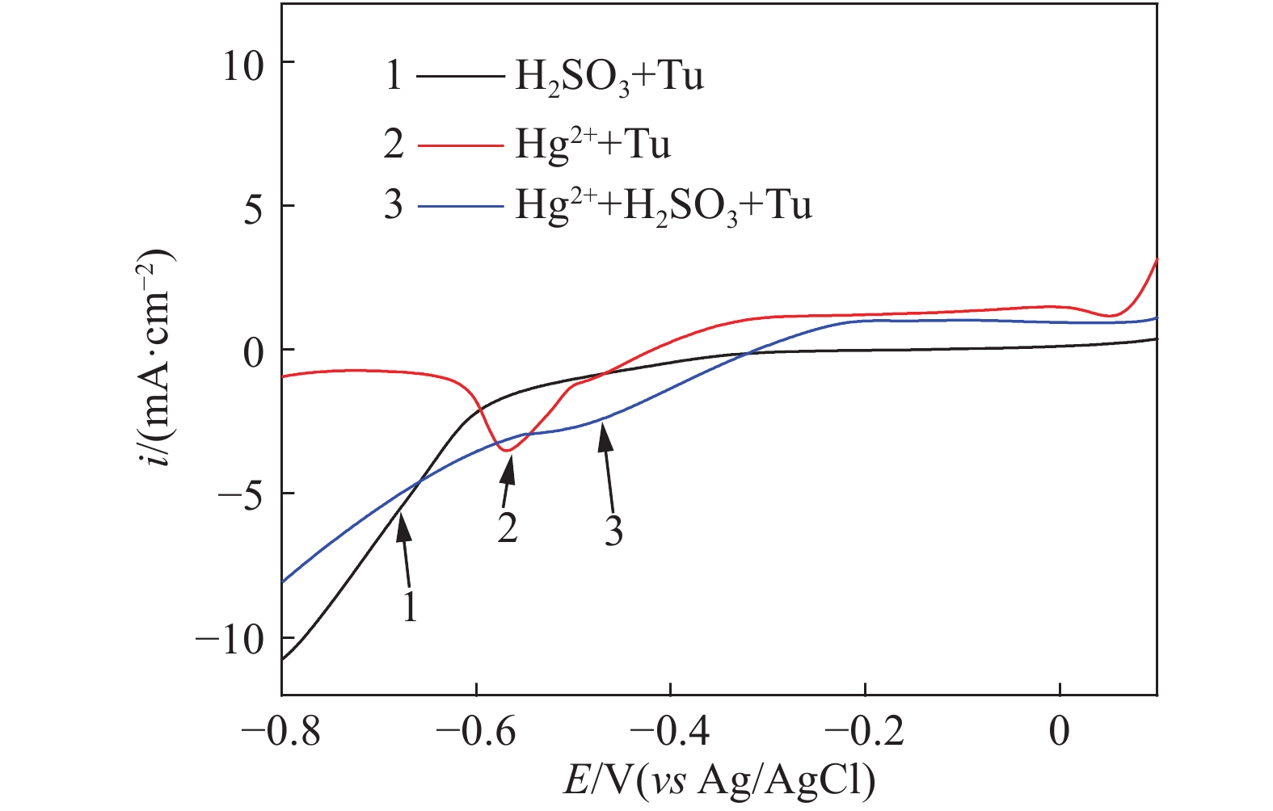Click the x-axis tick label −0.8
pyautogui.click(x=280, y=732)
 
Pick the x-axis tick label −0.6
pyautogui.click(x=475, y=732)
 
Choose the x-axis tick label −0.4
pyautogui.click(x=670, y=732)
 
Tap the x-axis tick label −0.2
pyautogui.click(x=864, y=732)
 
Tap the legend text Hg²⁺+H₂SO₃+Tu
pyautogui.click(x=663, y=207)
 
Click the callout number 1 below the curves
pyautogui.click(x=411, y=606)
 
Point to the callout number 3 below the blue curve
pyautogui.click(x=613, y=532)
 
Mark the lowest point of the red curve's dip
pyautogui.click(x=508, y=450)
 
